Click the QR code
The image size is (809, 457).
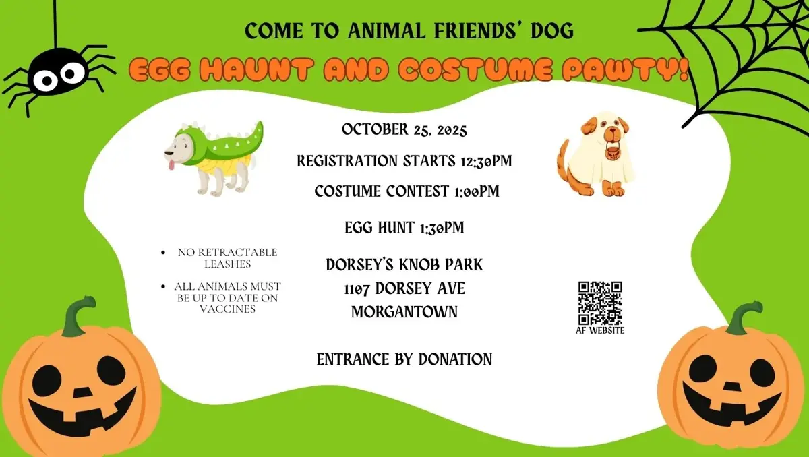[x=599, y=303]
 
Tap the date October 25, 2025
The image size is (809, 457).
[x=404, y=129]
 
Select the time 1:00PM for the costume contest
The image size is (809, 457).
[x=472, y=192]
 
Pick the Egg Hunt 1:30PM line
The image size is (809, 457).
[x=404, y=228]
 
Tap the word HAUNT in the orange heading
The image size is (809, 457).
[x=253, y=70]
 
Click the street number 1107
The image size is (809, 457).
[x=357, y=288]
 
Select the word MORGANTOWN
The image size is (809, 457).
[x=404, y=311]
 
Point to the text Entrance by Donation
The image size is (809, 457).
[x=404, y=359]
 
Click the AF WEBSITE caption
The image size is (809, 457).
[x=599, y=330]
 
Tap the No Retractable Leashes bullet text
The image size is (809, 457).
[x=227, y=258]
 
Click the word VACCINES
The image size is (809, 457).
[x=227, y=309]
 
